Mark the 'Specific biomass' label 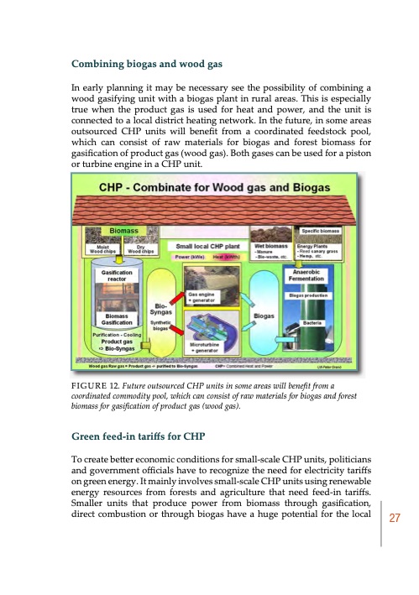pyautogui.click(x=322, y=229)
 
